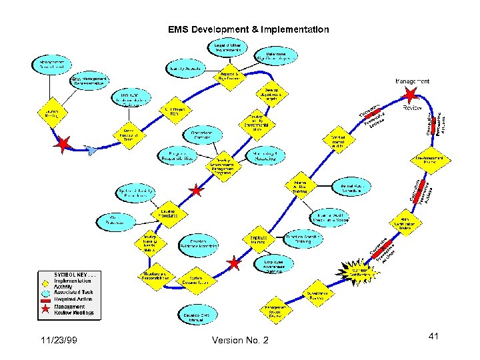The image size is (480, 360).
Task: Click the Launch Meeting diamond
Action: click(x=52, y=111)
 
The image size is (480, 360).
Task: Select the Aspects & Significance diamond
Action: click(x=229, y=76)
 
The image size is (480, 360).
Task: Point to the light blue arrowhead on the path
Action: click(x=93, y=151)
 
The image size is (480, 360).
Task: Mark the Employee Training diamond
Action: click(x=259, y=239)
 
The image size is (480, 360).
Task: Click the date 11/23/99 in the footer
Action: click(x=58, y=341)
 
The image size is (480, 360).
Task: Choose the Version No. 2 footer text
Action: click(x=239, y=341)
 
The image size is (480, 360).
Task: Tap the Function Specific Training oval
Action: click(x=304, y=239)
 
